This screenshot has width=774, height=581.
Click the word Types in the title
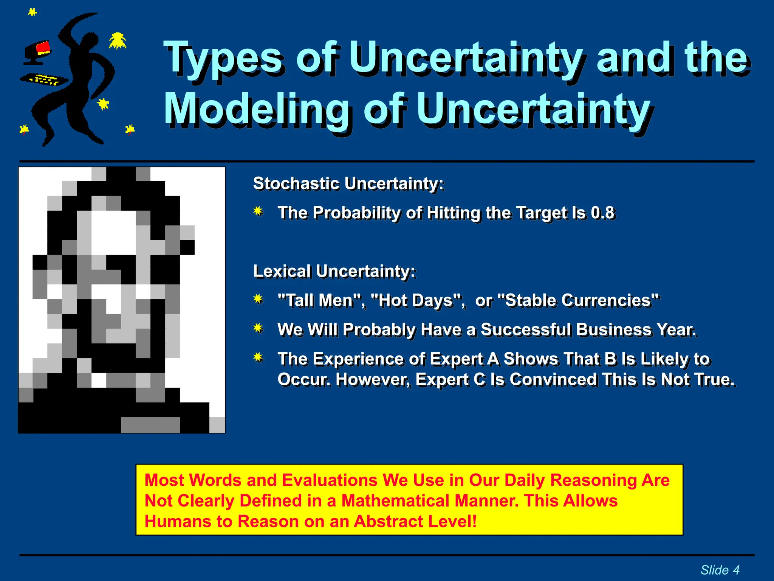tap(223, 59)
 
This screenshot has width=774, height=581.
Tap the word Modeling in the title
tap(257, 110)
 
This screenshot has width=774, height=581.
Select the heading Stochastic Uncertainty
tap(348, 183)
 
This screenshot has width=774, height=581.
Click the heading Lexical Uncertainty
tap(334, 271)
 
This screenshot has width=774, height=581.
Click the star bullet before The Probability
tap(259, 211)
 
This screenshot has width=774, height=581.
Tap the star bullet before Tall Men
tap(259, 299)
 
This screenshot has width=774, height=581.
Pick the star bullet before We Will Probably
tap(259, 328)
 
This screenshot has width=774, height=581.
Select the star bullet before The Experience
tap(259, 357)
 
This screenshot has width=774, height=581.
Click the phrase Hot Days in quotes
tap(417, 300)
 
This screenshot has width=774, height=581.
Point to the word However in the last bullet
tap(372, 379)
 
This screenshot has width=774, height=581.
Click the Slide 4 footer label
tap(720, 570)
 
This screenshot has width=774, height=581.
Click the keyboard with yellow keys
tap(45, 79)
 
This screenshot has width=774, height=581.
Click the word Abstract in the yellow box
tap(382, 521)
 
